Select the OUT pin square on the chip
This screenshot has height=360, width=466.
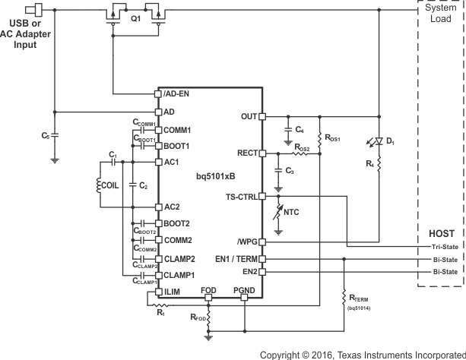point(262,117)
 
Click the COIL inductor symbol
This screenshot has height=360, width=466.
point(106,185)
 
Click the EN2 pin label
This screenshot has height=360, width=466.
point(247,271)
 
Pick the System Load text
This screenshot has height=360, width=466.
point(442,12)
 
